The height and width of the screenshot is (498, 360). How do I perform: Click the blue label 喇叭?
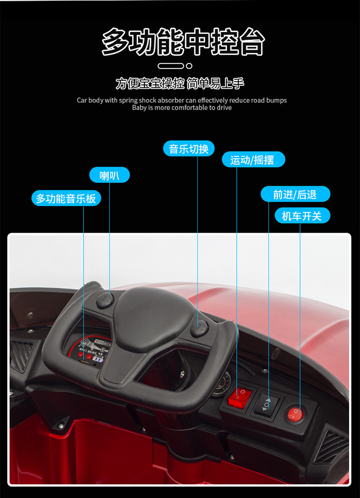tap(109, 175)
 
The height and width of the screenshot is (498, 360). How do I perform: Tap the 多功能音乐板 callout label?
tap(66, 198)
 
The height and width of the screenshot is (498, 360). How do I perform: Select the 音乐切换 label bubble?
tap(189, 149)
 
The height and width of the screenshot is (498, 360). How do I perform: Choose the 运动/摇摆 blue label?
tap(253, 160)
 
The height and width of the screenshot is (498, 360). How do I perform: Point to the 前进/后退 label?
tap(295, 194)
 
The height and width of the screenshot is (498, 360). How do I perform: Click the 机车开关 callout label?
tap(302, 216)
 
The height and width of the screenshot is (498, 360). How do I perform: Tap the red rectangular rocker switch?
tap(240, 397)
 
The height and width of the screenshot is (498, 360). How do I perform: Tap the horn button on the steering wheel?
tap(105, 300)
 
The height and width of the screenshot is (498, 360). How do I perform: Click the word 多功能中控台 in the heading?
tap(183, 42)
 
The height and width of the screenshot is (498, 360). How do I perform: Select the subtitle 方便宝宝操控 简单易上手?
tap(180, 83)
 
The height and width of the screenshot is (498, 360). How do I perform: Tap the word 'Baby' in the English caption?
tap(139, 108)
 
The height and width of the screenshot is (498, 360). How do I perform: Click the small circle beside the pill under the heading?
tap(189, 66)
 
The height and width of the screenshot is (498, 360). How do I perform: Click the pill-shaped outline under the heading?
tap(171, 66)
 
